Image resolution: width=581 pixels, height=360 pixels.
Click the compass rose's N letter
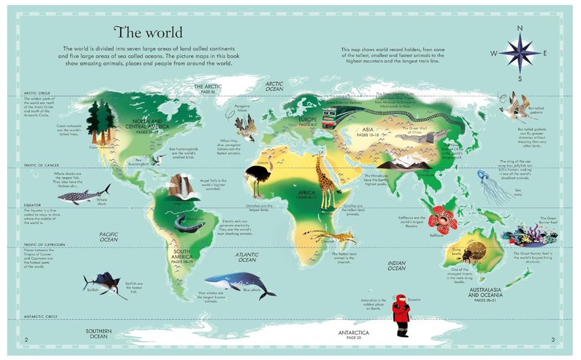[520, 29]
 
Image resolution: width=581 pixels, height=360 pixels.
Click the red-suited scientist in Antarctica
[400, 315]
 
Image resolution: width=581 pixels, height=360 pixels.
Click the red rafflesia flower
[443, 219]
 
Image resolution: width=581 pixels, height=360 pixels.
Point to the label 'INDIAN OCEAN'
[397, 265]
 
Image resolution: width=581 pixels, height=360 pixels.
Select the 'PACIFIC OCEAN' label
[109, 238]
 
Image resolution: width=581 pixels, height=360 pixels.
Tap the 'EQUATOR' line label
[32, 205]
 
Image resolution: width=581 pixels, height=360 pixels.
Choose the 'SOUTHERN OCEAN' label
[99, 333]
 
